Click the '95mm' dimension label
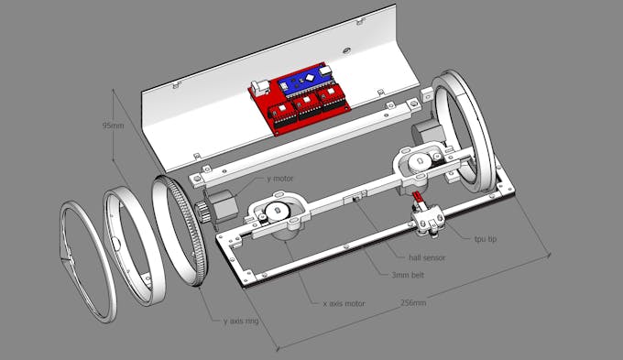(114, 125)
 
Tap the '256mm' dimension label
(413, 303)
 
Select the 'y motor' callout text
(280, 179)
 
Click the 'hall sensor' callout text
(427, 257)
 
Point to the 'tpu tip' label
(486, 239)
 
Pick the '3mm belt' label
(408, 275)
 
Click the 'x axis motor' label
(344, 303)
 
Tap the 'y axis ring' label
(241, 321)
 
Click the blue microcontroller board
(303, 81)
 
